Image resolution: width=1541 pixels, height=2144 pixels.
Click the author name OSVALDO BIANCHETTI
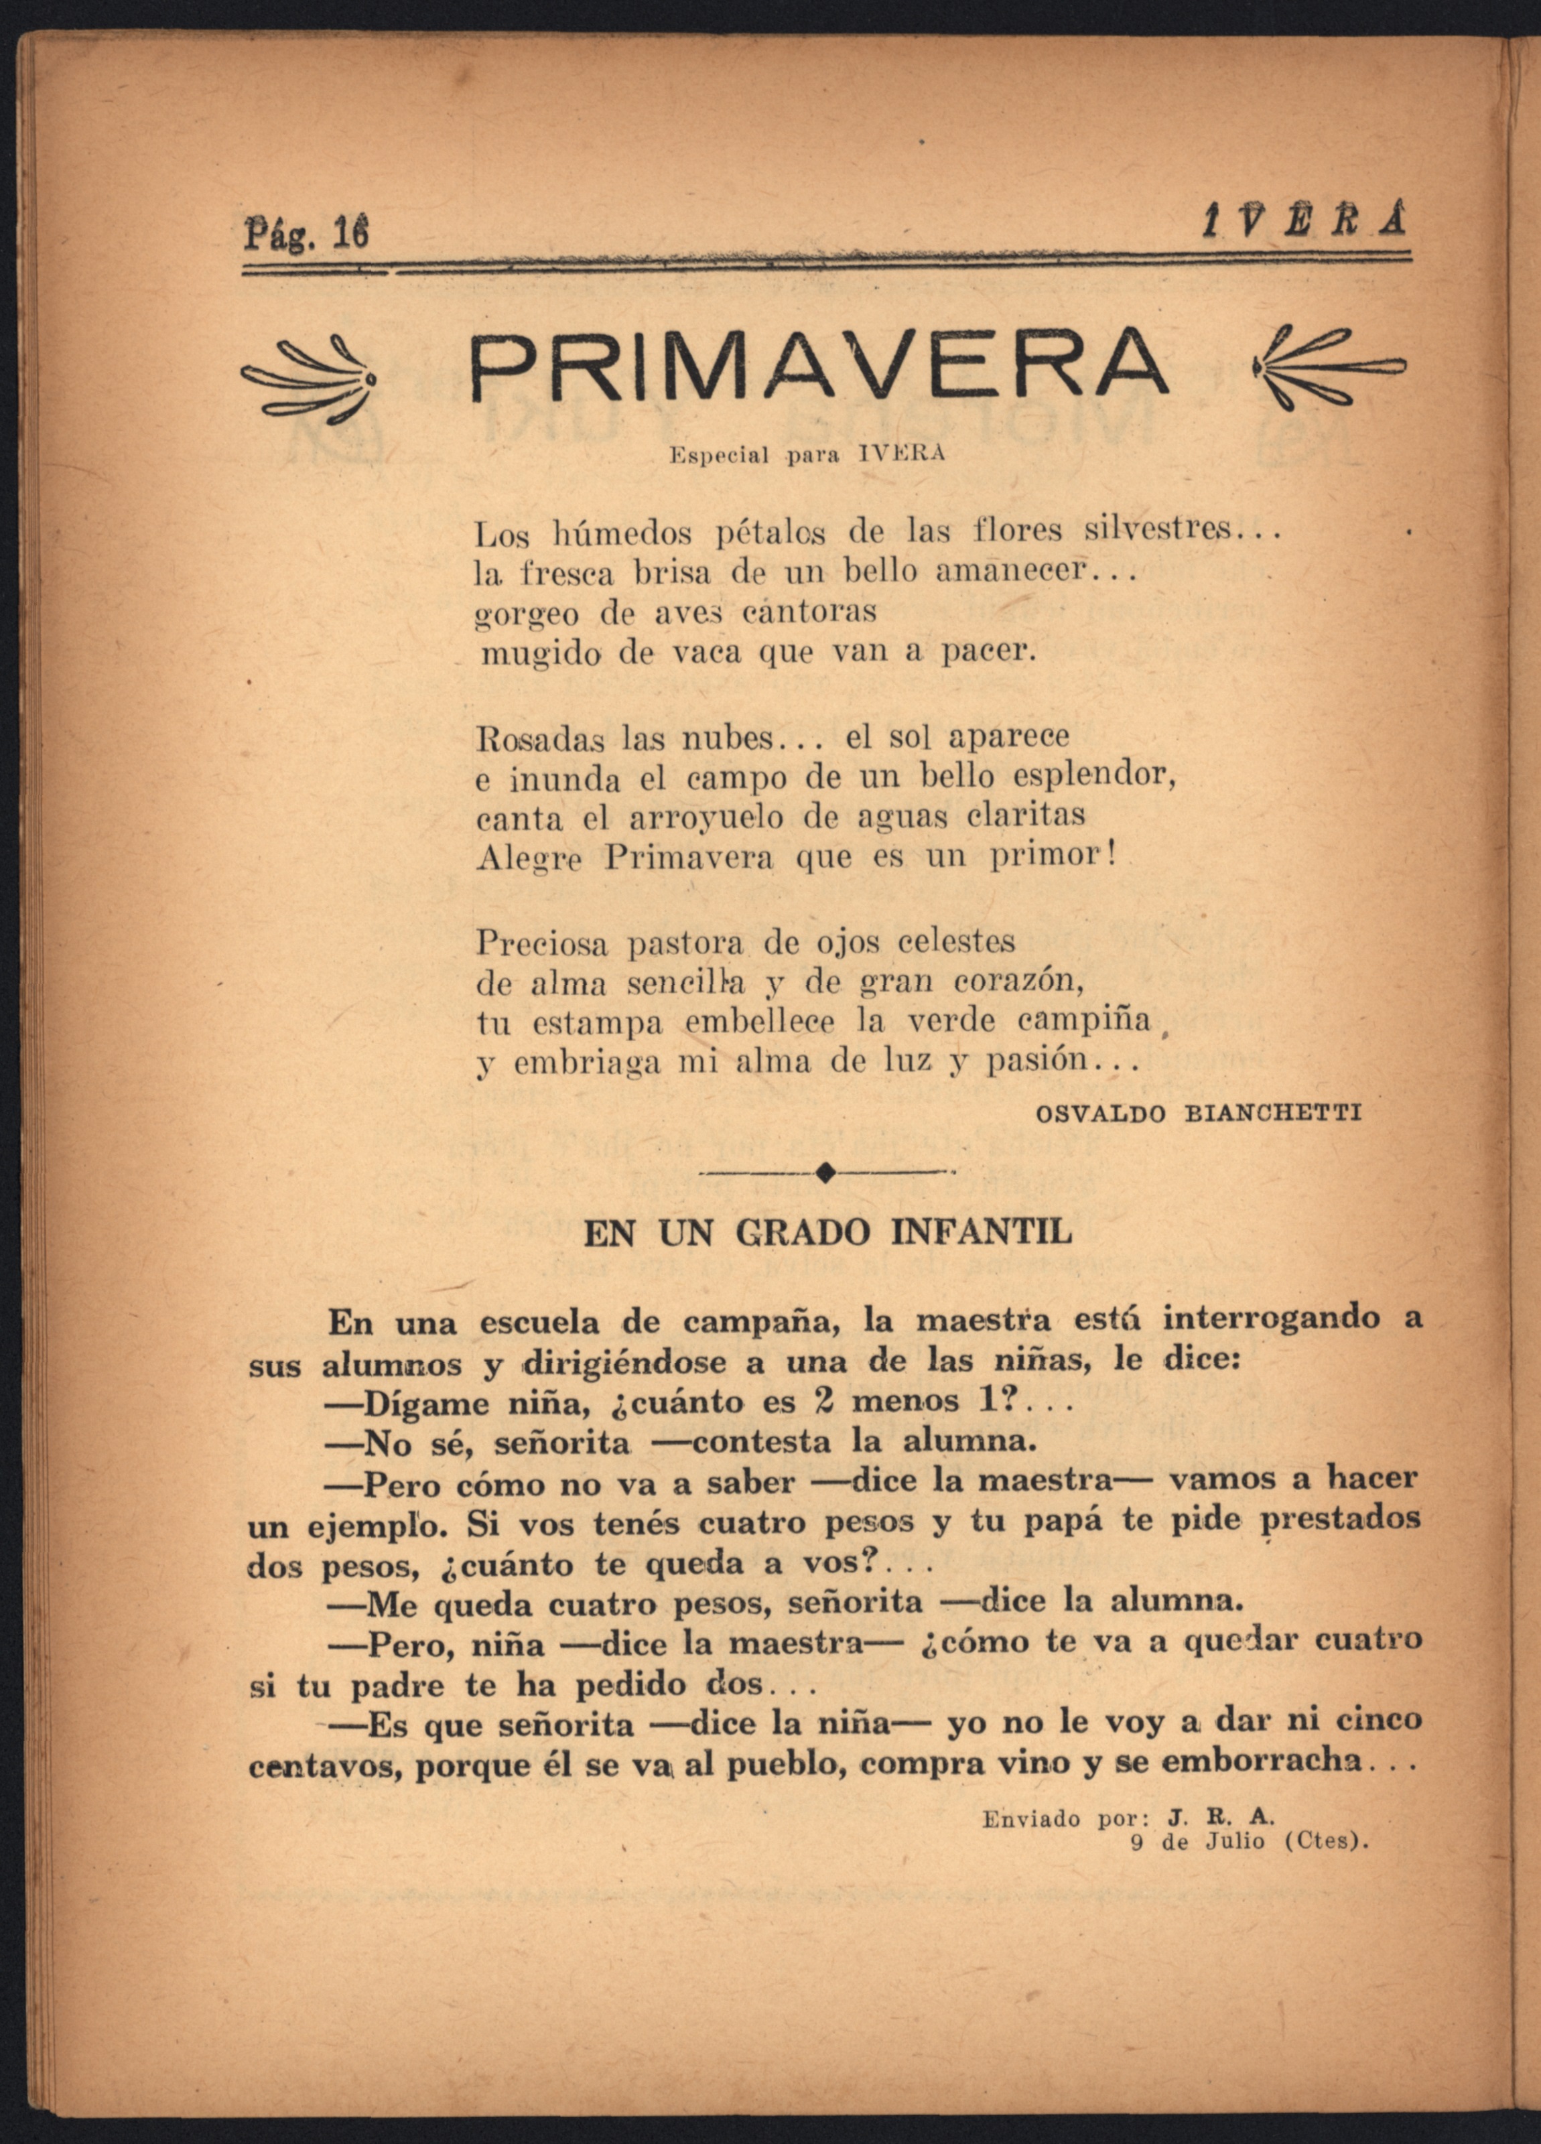tap(1199, 1114)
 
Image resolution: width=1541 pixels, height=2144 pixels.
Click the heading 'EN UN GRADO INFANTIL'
tap(828, 1233)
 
